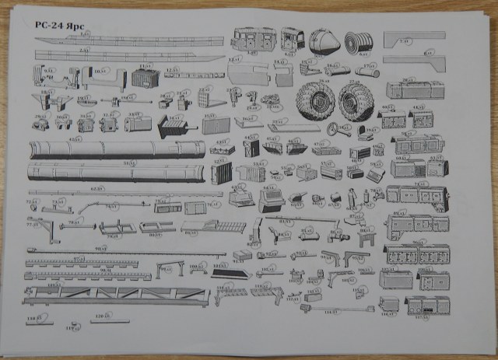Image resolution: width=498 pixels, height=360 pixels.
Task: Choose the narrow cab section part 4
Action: tap(292, 38)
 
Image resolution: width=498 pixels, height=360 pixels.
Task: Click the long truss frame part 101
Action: tap(117, 296)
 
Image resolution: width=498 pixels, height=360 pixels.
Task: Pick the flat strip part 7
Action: tap(419, 36)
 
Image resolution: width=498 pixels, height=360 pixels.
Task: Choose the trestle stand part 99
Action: tap(166, 270)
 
